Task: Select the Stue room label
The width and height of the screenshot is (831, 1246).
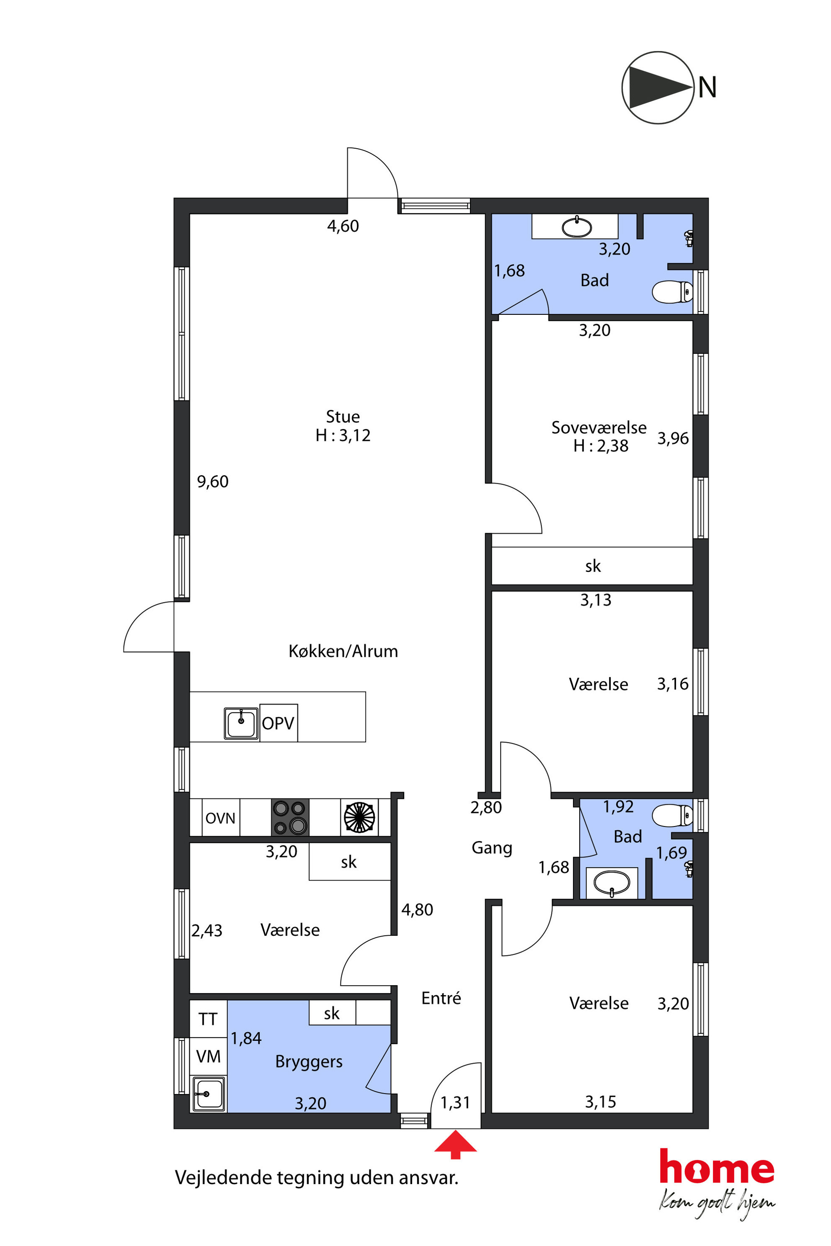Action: tap(343, 417)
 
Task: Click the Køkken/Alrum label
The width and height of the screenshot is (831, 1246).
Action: tap(343, 651)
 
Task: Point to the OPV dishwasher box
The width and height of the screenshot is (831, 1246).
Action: tap(278, 723)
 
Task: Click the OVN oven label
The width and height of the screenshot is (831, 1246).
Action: tap(220, 818)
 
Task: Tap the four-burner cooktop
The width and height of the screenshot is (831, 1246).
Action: tap(290, 817)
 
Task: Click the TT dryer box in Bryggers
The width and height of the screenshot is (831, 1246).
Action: tap(208, 1019)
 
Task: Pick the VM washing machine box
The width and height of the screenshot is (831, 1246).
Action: tap(208, 1056)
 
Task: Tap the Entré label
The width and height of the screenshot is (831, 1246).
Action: tap(441, 998)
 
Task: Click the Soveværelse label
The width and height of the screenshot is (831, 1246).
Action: tap(599, 427)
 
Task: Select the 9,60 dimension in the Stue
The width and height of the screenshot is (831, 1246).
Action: tap(212, 481)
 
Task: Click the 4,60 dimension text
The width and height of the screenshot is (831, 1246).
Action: tap(343, 226)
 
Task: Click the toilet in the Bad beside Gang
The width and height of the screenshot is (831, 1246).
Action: tap(672, 815)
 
